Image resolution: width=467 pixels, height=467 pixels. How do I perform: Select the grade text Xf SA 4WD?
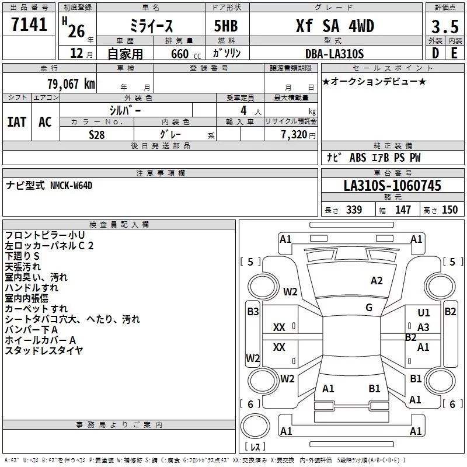335,26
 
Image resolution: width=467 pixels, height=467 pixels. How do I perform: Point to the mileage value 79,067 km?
71,83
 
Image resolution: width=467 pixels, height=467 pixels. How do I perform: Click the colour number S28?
97,134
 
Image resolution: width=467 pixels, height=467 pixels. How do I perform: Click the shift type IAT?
16,121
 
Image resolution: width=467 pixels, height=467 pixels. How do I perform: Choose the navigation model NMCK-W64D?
72,186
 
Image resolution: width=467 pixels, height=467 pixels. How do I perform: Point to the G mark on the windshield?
369,308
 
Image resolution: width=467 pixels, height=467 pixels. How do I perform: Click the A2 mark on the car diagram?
377,281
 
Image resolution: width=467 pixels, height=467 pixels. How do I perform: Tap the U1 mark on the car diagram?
424,313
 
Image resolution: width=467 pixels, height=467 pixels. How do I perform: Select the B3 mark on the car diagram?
253,312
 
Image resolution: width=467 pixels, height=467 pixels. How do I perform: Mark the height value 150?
450,210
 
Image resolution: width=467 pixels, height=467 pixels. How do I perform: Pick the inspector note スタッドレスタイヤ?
44,350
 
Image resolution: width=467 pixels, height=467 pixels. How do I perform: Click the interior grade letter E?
454,54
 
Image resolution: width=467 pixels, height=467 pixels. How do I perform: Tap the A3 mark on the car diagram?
423,327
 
